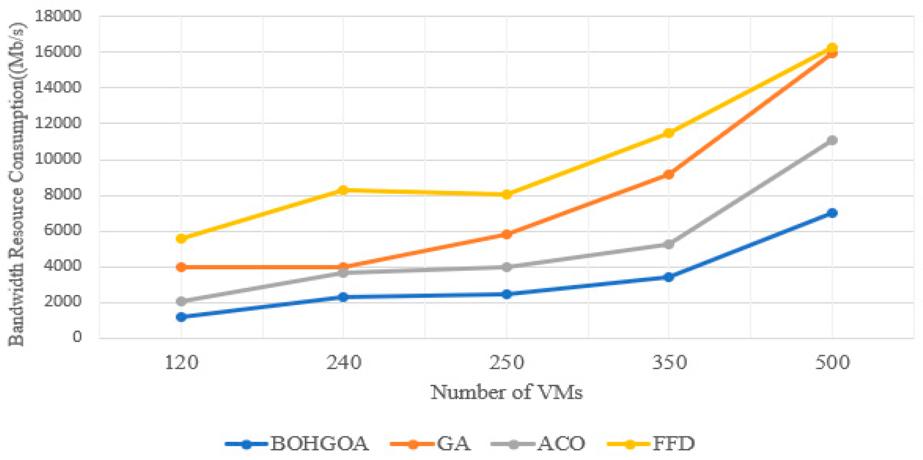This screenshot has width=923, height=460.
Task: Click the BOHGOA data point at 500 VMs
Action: coord(832,213)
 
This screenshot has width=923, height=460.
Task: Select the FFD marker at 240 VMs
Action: coord(343,190)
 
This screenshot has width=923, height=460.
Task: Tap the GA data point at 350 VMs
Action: coord(668,174)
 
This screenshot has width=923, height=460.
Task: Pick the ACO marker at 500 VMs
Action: coord(832,140)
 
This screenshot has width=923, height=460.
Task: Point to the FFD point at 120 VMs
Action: coord(181,238)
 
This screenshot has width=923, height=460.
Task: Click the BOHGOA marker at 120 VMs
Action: coord(181,317)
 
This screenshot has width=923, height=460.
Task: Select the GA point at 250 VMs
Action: coord(506,234)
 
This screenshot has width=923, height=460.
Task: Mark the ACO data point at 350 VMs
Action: coord(668,244)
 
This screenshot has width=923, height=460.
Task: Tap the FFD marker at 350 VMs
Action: coord(668,133)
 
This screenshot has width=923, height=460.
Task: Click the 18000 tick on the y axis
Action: coord(58,16)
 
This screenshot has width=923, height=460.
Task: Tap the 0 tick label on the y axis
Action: coord(76,337)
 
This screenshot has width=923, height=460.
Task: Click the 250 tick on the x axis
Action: coord(506,362)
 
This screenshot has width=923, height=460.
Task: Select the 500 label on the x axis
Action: coord(832,362)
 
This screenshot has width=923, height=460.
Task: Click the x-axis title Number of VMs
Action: coord(506,392)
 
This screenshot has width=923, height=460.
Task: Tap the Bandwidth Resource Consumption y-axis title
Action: coord(16,183)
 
